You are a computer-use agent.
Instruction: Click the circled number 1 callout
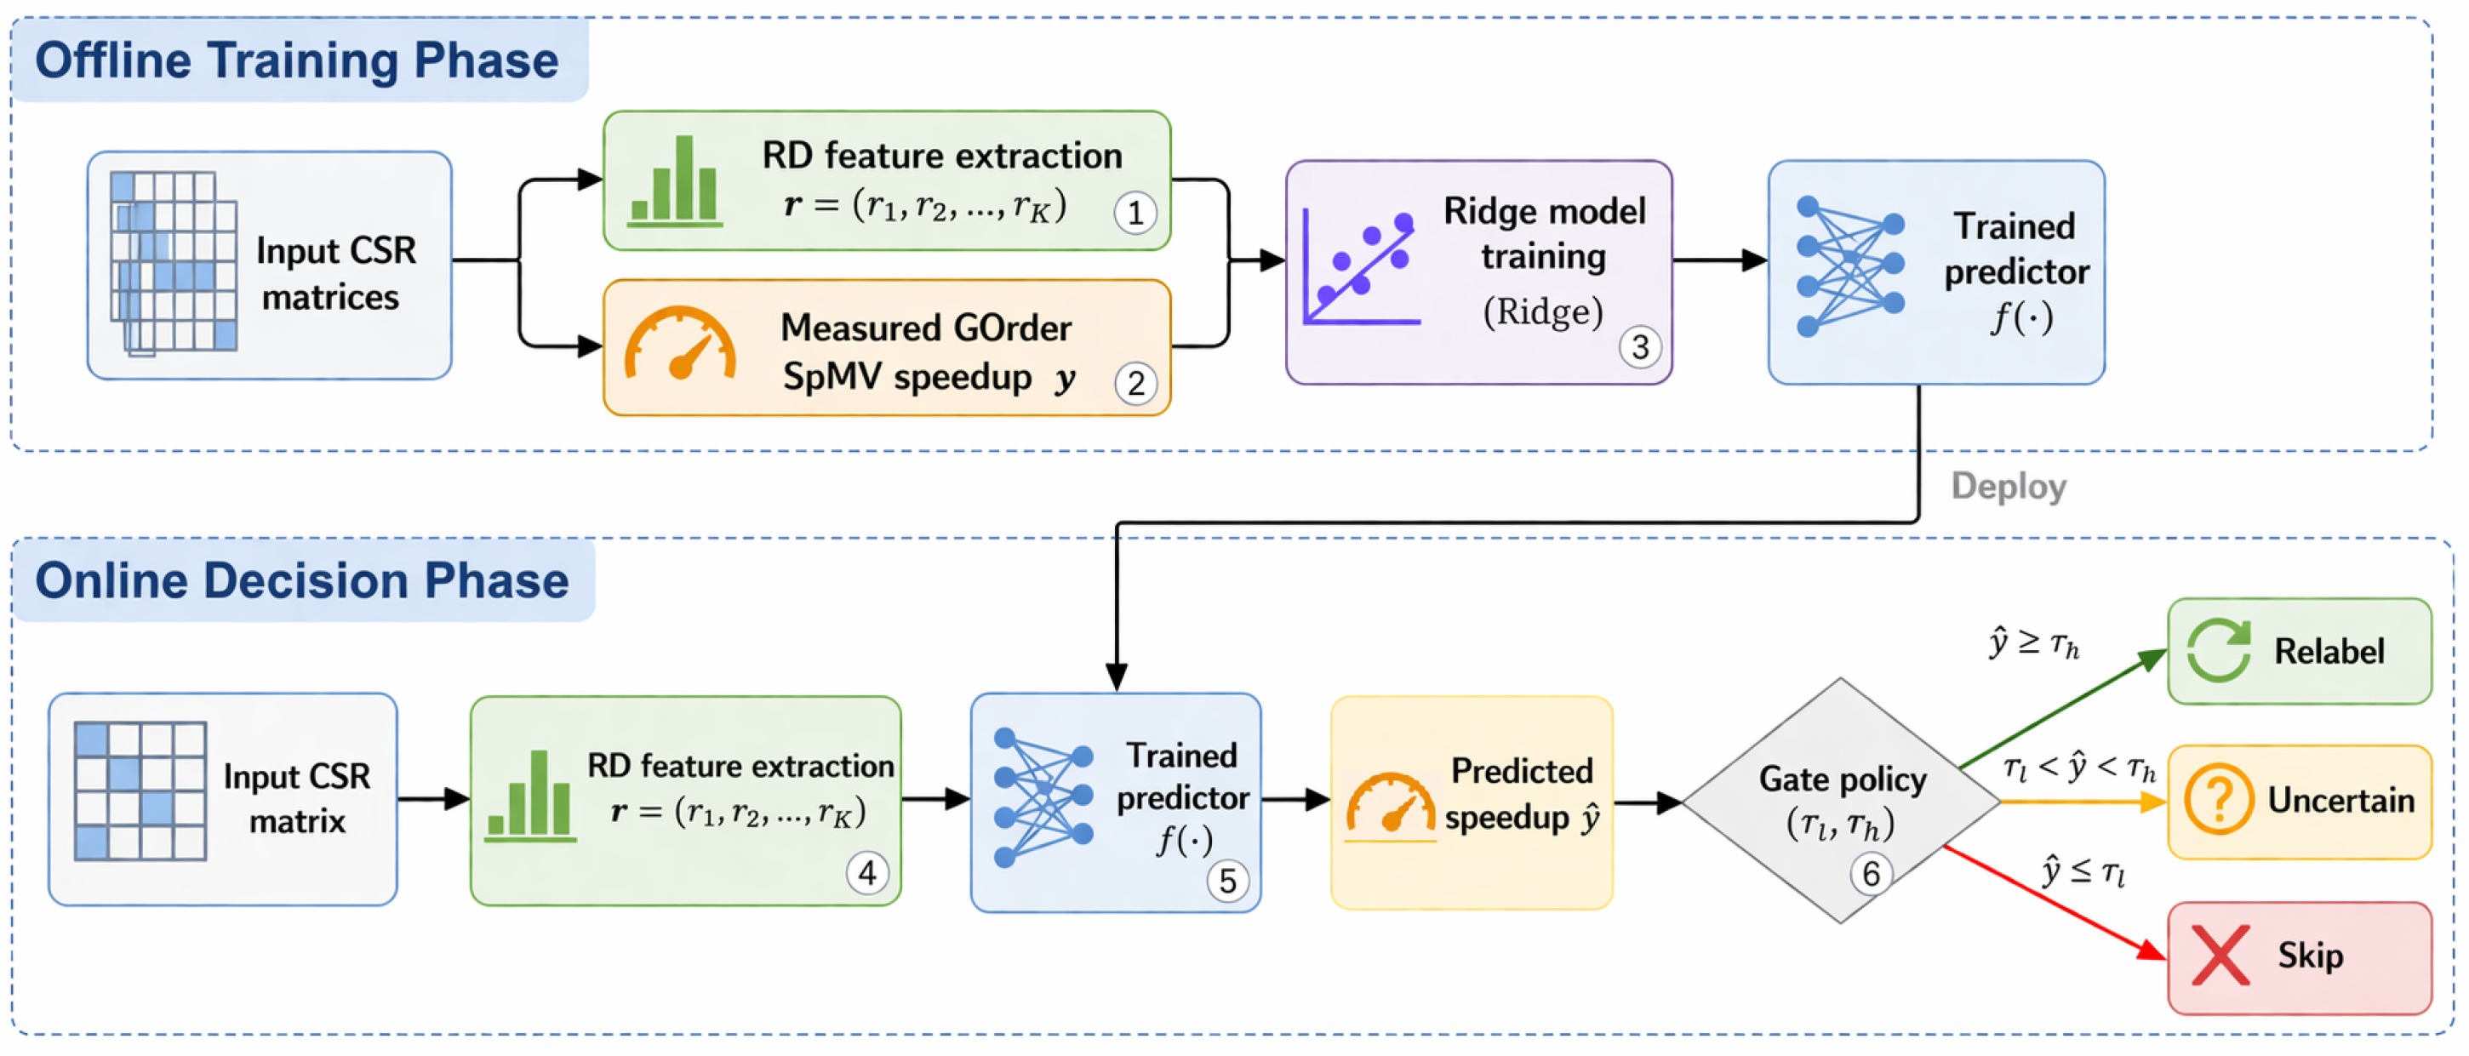pos(1134,212)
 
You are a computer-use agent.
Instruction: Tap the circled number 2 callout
pos(1136,383)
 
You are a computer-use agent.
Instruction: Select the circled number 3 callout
pos(1640,347)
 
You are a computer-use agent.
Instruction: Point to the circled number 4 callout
pos(867,872)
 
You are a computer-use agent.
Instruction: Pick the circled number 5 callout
pos(1228,881)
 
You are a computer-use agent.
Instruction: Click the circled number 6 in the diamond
pos(1871,873)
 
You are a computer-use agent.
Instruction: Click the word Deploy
pos(2009,486)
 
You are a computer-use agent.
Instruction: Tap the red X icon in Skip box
pos(2220,956)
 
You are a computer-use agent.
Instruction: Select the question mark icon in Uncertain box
pos(2218,799)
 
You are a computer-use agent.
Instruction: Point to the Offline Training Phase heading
pos(297,60)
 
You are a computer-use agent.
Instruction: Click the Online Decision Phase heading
pos(302,580)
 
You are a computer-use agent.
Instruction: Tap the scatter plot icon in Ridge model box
pos(1360,266)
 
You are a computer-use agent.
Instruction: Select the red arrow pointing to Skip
pos(2055,903)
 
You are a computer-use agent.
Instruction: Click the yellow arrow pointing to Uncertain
pos(2083,801)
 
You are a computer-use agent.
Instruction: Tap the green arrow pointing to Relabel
pos(2064,708)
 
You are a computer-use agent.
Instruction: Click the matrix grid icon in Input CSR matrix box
pos(140,791)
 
